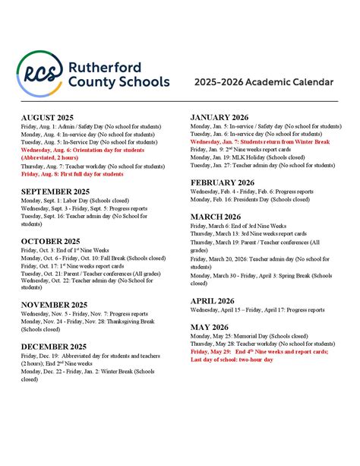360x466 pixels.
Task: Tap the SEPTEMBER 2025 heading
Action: [x=56, y=192]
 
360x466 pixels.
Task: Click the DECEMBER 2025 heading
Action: [x=54, y=346]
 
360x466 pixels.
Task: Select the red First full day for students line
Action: [x=72, y=174]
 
